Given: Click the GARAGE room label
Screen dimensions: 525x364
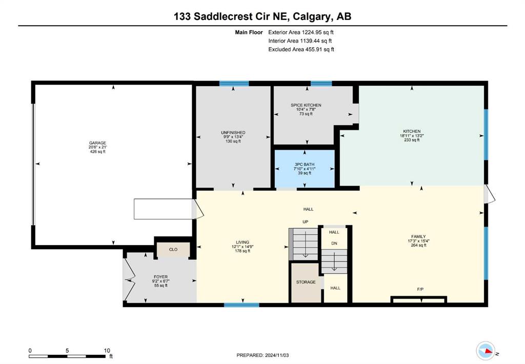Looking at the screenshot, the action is [x=97, y=143].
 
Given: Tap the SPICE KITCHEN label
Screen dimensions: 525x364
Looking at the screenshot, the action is [x=306, y=105].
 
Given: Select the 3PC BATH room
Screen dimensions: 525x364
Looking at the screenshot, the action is [x=305, y=169].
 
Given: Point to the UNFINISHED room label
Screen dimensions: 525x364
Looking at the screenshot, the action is [x=233, y=133].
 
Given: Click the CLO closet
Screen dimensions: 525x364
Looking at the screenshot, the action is [x=173, y=250].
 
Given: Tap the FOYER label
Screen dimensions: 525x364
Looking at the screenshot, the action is [x=160, y=277].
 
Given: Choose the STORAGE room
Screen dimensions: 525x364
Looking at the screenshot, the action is [x=306, y=282].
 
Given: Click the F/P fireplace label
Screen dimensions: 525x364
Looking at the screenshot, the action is [x=420, y=289].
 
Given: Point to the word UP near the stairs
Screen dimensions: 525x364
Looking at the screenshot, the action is [x=306, y=221].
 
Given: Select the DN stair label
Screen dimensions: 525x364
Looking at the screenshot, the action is [x=334, y=244].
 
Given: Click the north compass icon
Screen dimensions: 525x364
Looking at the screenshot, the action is [x=486, y=351].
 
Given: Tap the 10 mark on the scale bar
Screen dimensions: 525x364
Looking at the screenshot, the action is [x=107, y=351].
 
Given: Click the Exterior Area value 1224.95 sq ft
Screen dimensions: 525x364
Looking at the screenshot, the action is [x=318, y=32].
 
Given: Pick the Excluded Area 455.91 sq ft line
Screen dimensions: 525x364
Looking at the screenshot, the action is [x=301, y=49].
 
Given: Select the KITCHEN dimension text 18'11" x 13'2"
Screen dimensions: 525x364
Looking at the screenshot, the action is [x=412, y=136].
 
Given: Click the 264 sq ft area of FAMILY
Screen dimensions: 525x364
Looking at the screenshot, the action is [x=418, y=245].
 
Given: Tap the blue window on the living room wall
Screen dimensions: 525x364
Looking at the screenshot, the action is [x=241, y=305].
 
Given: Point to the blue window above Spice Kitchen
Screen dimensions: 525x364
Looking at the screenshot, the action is [x=321, y=84].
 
